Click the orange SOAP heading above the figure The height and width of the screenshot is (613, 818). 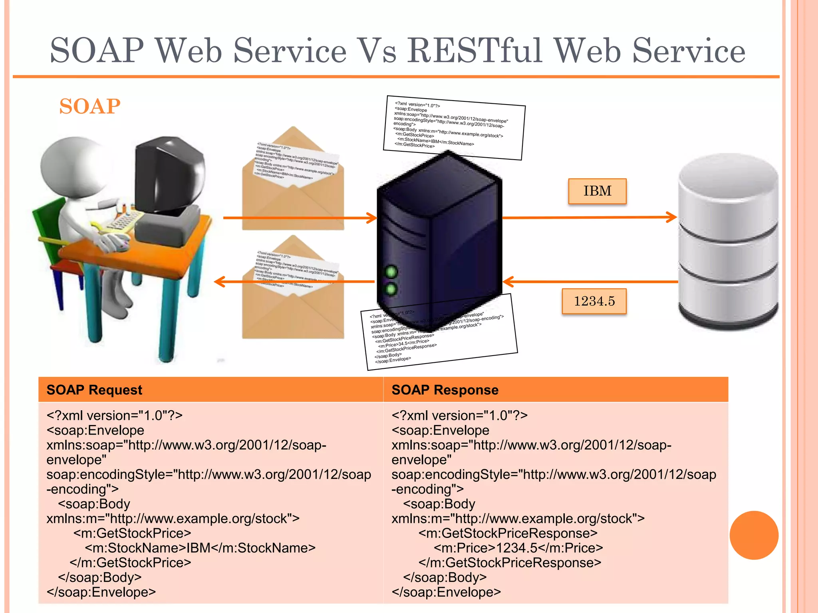pos(89,107)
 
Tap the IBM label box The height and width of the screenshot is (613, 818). pos(597,191)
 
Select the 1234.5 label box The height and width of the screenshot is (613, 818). pos(594,301)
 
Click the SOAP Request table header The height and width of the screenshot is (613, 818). pos(94,390)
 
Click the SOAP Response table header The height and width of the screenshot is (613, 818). pos(445,390)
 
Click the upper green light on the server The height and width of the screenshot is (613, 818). pos(391,272)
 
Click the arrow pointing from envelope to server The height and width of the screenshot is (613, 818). pos(300,218)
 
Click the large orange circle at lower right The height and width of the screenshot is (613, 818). pos(754,535)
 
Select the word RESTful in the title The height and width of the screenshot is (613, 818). pos(475,51)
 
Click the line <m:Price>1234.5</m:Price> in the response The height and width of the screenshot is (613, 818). pos(518,548)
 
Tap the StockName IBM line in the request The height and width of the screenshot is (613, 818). pos(200,548)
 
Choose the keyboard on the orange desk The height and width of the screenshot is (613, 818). pos(122,221)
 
